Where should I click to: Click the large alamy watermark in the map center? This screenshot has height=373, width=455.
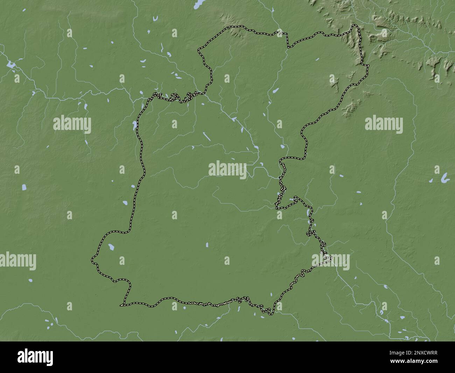[227, 169]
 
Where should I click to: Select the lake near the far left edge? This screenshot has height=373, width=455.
[10, 65]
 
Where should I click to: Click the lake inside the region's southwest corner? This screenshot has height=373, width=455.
[111, 247]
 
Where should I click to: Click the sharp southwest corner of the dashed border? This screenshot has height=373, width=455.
[122, 305]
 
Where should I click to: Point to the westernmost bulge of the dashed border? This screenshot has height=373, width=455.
[93, 260]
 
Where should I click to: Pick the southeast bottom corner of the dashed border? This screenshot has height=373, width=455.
[271, 313]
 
